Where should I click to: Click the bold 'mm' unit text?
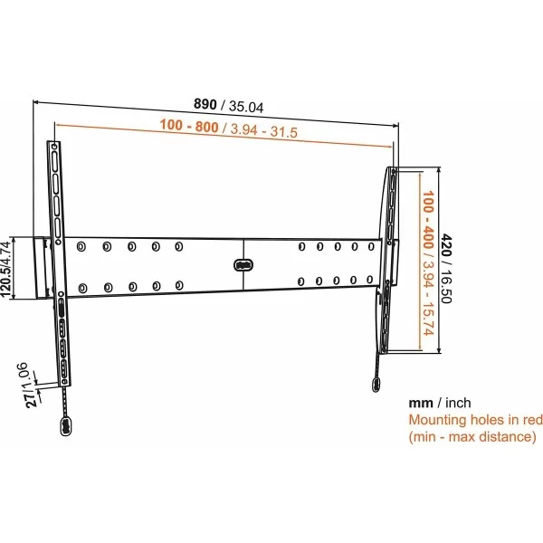point(420,403)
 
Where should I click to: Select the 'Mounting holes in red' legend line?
point(475,420)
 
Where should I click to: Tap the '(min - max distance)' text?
point(472,437)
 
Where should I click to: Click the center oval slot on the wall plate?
point(242,265)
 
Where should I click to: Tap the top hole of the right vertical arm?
point(394,171)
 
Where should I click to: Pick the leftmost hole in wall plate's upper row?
point(83,245)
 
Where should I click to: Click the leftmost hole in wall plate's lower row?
point(83,289)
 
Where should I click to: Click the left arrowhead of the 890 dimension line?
point(36,101)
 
